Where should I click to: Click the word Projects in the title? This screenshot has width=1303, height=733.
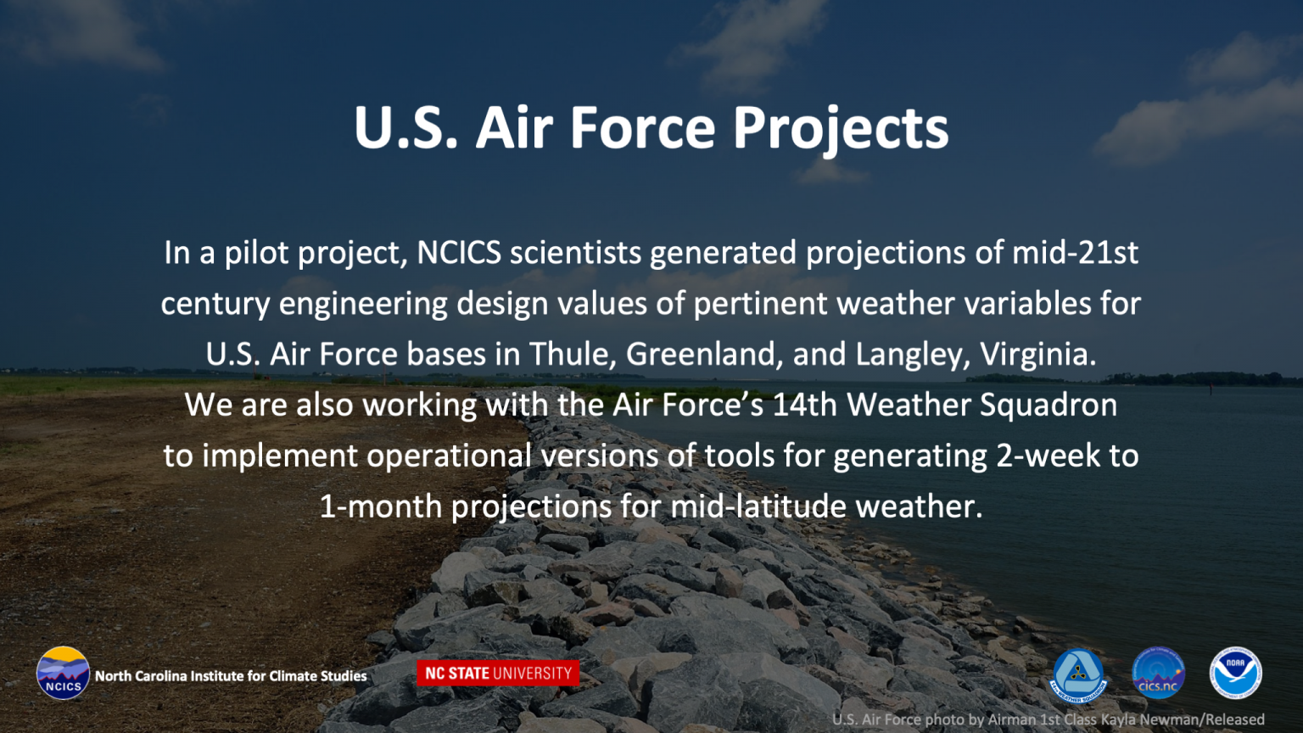tap(841, 129)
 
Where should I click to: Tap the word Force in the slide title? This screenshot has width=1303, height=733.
tap(643, 127)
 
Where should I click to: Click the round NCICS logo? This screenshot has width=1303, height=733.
tap(63, 673)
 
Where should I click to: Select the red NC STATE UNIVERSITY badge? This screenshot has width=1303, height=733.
tap(498, 673)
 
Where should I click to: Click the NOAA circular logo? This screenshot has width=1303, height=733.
tap(1235, 673)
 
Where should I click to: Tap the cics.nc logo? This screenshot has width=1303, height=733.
tap(1158, 673)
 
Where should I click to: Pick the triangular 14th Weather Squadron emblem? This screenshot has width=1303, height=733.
tap(1078, 674)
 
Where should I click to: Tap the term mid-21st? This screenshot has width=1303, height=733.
tap(1075, 253)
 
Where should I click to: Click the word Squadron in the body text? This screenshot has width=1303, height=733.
tap(1049, 406)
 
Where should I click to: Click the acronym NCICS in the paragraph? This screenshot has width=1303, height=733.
tap(459, 253)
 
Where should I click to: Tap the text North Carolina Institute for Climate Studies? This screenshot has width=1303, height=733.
tap(231, 676)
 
